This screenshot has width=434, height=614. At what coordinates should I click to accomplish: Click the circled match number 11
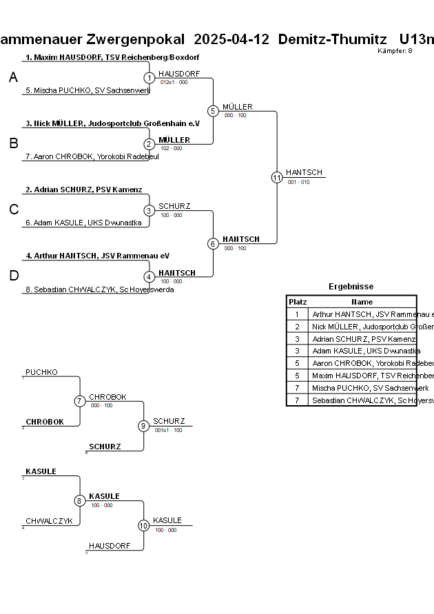pyautogui.click(x=277, y=177)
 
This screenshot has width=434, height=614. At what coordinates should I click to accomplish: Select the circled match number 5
pyautogui.click(x=213, y=111)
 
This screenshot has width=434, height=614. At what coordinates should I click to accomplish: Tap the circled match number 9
pyautogui.click(x=143, y=426)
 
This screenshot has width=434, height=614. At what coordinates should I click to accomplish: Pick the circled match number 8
pyautogui.click(x=80, y=501)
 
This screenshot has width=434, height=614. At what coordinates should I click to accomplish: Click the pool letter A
pyautogui.click(x=13, y=79)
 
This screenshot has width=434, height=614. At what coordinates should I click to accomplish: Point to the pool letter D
pyautogui.click(x=13, y=276)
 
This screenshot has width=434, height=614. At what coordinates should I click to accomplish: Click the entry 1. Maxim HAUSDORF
pyautogui.click(x=112, y=57)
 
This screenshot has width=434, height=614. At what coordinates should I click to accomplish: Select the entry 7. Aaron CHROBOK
pyautogui.click(x=92, y=156)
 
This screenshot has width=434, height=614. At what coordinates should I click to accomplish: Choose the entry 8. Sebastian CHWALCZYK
pyautogui.click(x=99, y=289)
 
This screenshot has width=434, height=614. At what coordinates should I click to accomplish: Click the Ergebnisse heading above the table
pyautogui.click(x=351, y=287)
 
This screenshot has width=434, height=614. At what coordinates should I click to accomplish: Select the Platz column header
pyautogui.click(x=298, y=302)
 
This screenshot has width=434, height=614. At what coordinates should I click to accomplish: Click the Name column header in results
pyautogui.click(x=362, y=302)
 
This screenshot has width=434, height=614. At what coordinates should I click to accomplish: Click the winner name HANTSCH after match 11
pyautogui.click(x=304, y=172)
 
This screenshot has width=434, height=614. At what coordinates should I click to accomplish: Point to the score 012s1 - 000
pyautogui.click(x=174, y=82)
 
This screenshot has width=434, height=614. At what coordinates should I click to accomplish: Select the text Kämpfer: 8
pyautogui.click(x=395, y=51)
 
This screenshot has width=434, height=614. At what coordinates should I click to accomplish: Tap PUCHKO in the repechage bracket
pyautogui.click(x=41, y=372)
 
